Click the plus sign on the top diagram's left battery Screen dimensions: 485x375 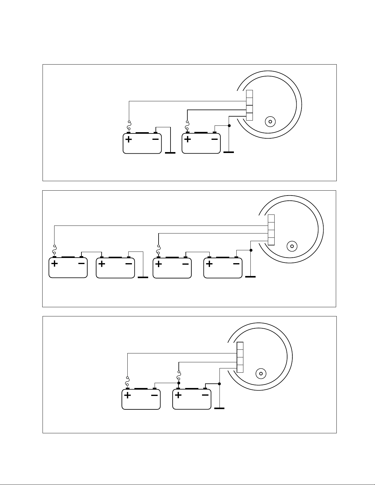point(129,140)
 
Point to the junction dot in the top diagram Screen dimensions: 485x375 point(229,126)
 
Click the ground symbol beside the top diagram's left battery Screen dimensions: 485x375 point(170,152)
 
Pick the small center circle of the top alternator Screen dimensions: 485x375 point(270,121)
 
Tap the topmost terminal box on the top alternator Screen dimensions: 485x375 point(249,94)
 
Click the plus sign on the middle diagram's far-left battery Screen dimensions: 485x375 point(54,264)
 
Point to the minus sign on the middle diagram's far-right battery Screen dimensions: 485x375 point(236,263)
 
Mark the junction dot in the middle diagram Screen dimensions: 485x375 point(251,250)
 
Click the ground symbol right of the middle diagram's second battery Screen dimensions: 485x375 point(143,277)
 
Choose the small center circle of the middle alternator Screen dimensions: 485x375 point(292,246)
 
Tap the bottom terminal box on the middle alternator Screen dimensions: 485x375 point(271,241)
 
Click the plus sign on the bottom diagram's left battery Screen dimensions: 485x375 point(128,395)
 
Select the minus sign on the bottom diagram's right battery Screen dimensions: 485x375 point(205,395)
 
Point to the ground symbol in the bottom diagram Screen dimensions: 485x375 point(219,408)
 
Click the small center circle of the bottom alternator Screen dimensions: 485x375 point(261,374)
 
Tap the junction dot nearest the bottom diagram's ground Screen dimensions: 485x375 point(219,383)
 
